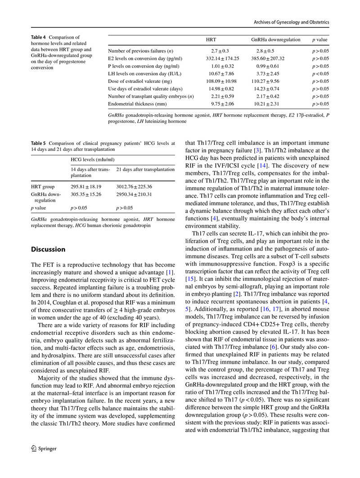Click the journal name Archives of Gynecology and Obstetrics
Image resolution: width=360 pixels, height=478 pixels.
291,22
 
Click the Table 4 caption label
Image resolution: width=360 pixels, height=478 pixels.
38,37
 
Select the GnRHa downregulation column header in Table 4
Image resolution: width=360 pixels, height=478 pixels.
275,40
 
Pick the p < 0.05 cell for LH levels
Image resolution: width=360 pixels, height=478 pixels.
320,74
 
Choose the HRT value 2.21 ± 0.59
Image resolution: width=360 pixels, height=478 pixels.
220,96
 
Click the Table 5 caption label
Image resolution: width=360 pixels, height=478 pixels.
38,143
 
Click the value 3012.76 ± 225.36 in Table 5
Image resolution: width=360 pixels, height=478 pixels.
134,186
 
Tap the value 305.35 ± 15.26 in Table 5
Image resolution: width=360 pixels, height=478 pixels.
86,194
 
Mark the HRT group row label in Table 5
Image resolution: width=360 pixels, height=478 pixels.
43,186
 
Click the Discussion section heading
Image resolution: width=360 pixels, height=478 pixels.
48,249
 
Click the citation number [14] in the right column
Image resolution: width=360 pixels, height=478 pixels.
262,166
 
